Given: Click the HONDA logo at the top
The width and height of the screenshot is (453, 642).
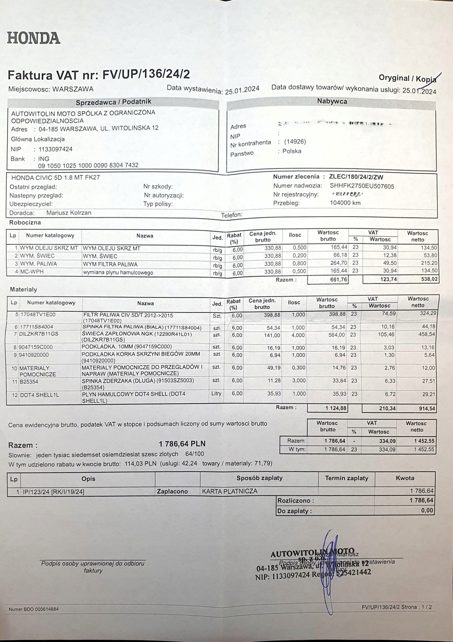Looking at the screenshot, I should pos(33,38).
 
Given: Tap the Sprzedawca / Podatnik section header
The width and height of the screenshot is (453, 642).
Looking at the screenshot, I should pos(114,102).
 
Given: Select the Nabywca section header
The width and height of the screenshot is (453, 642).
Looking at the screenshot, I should pos(332,101).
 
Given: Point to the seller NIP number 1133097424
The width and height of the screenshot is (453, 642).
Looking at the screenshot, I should pos(55,149).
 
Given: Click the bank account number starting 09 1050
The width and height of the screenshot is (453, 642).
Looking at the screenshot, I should pos(88,165).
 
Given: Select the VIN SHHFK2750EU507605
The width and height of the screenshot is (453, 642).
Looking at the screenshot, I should pos(362,186).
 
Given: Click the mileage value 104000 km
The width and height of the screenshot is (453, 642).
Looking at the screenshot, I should pos(345,203).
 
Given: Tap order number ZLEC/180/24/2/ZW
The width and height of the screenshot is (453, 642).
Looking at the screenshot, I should pos(356,177).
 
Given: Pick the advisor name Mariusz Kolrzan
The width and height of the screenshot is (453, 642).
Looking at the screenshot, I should pos(69,213).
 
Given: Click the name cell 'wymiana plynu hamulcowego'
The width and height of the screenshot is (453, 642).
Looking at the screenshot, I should pos(118,272).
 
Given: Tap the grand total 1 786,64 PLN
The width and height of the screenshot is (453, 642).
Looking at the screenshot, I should pos(182,444).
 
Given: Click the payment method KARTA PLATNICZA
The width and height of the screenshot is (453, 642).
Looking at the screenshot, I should pos(230,491).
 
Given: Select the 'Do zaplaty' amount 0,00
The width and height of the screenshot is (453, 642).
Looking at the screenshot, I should pos(427,511).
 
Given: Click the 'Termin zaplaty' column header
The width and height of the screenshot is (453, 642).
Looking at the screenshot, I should pos(346,478).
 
